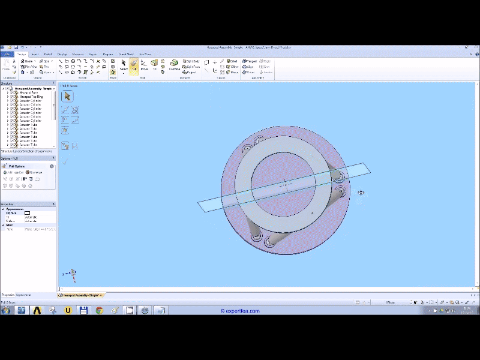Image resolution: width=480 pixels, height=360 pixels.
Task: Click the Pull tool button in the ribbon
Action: tap(134, 65)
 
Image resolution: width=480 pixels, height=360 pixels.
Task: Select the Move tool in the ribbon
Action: tap(144, 65)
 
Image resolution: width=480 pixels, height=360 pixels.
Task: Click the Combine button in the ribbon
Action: tap(174, 65)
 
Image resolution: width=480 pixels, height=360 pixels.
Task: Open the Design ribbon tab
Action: tap(22, 54)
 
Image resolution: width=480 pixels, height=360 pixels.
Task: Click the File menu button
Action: tap(7, 54)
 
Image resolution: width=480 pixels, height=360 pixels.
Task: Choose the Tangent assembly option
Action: tap(250, 61)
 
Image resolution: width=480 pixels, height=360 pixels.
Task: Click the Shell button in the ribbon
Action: tap(232, 61)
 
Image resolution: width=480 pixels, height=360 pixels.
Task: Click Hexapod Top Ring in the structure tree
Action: tap(31, 97)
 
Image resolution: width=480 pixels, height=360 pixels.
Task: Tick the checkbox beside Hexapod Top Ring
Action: tap(12, 97)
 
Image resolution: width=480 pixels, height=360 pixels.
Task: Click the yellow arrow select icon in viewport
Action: tap(67, 96)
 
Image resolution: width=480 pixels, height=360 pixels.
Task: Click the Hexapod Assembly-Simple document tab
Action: tap(80, 295)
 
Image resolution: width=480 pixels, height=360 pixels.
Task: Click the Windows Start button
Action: tap(6, 310)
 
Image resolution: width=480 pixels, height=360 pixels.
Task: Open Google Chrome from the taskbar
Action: tap(99, 310)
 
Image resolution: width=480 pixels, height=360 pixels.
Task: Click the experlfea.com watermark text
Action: tap(240, 311)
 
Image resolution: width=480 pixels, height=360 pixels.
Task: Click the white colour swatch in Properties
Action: tap(27, 213)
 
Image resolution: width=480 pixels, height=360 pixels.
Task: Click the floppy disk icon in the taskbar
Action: tap(84, 310)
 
